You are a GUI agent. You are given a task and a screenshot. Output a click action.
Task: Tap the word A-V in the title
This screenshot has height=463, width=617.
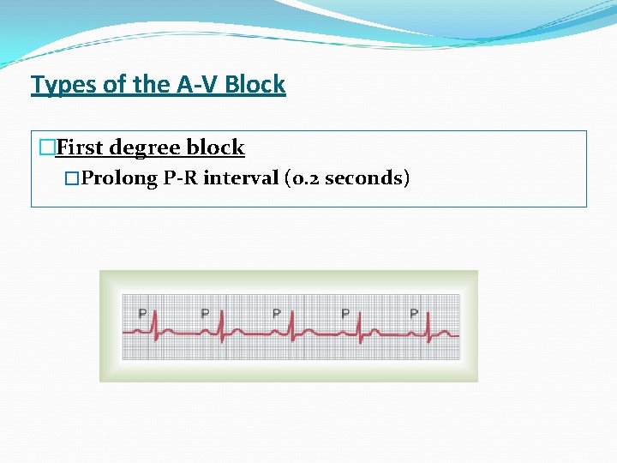[185, 85]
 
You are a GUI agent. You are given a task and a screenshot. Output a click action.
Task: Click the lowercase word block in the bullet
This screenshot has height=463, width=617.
[216, 147]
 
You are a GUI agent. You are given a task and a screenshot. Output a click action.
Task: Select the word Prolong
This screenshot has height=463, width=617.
[120, 178]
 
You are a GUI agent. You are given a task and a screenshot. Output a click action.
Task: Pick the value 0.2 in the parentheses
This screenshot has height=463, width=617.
[304, 178]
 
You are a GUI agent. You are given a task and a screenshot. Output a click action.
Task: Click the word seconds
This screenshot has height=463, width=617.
[362, 178]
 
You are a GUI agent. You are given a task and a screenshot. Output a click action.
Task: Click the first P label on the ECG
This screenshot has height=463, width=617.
[142, 313]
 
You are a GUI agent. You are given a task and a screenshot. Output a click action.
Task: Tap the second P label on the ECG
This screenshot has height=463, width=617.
[205, 313]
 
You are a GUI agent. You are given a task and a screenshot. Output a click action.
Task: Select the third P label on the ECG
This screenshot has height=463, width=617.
[276, 313]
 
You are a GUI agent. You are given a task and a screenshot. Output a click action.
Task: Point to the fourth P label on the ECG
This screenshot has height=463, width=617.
[344, 313]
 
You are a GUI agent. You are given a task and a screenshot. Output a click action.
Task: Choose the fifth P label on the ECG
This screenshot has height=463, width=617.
[414, 313]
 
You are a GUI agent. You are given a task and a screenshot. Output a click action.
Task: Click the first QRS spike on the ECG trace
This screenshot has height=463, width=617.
[155, 326]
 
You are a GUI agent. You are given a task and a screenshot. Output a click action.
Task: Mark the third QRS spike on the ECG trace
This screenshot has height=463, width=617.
[292, 326]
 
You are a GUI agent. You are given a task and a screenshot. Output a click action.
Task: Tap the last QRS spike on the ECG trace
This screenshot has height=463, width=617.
[428, 326]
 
